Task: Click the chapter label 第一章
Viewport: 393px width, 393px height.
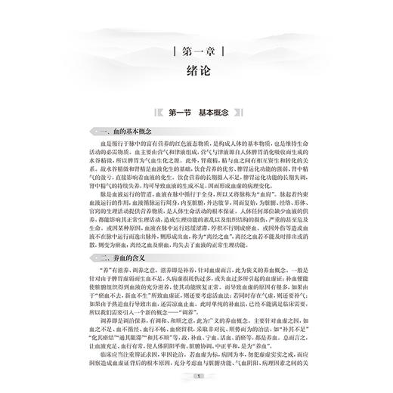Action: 196,54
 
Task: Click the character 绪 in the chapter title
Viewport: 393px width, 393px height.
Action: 187,75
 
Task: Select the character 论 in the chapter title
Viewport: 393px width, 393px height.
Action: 206,75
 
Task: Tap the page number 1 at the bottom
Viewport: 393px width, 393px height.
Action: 196,376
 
